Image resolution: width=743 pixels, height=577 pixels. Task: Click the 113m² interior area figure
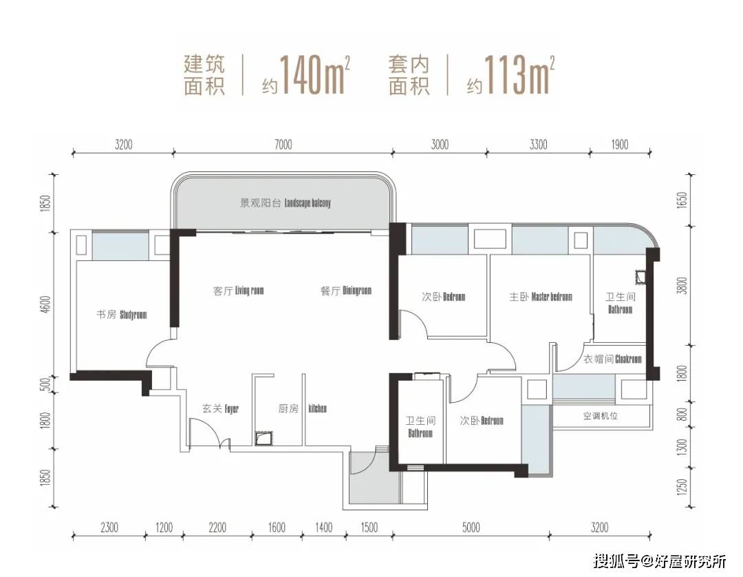[x=519, y=74]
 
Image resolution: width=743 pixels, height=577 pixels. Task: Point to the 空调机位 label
[x=601, y=417]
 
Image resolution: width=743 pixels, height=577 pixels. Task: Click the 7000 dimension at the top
[x=283, y=144]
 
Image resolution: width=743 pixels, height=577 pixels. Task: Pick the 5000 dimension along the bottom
[x=471, y=527]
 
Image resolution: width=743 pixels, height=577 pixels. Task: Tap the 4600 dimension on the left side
[x=45, y=304]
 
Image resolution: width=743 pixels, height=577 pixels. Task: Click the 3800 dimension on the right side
[x=682, y=286]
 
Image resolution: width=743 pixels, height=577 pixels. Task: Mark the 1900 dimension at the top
[x=620, y=144]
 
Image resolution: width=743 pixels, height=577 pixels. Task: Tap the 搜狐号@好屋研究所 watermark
[x=660, y=561]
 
